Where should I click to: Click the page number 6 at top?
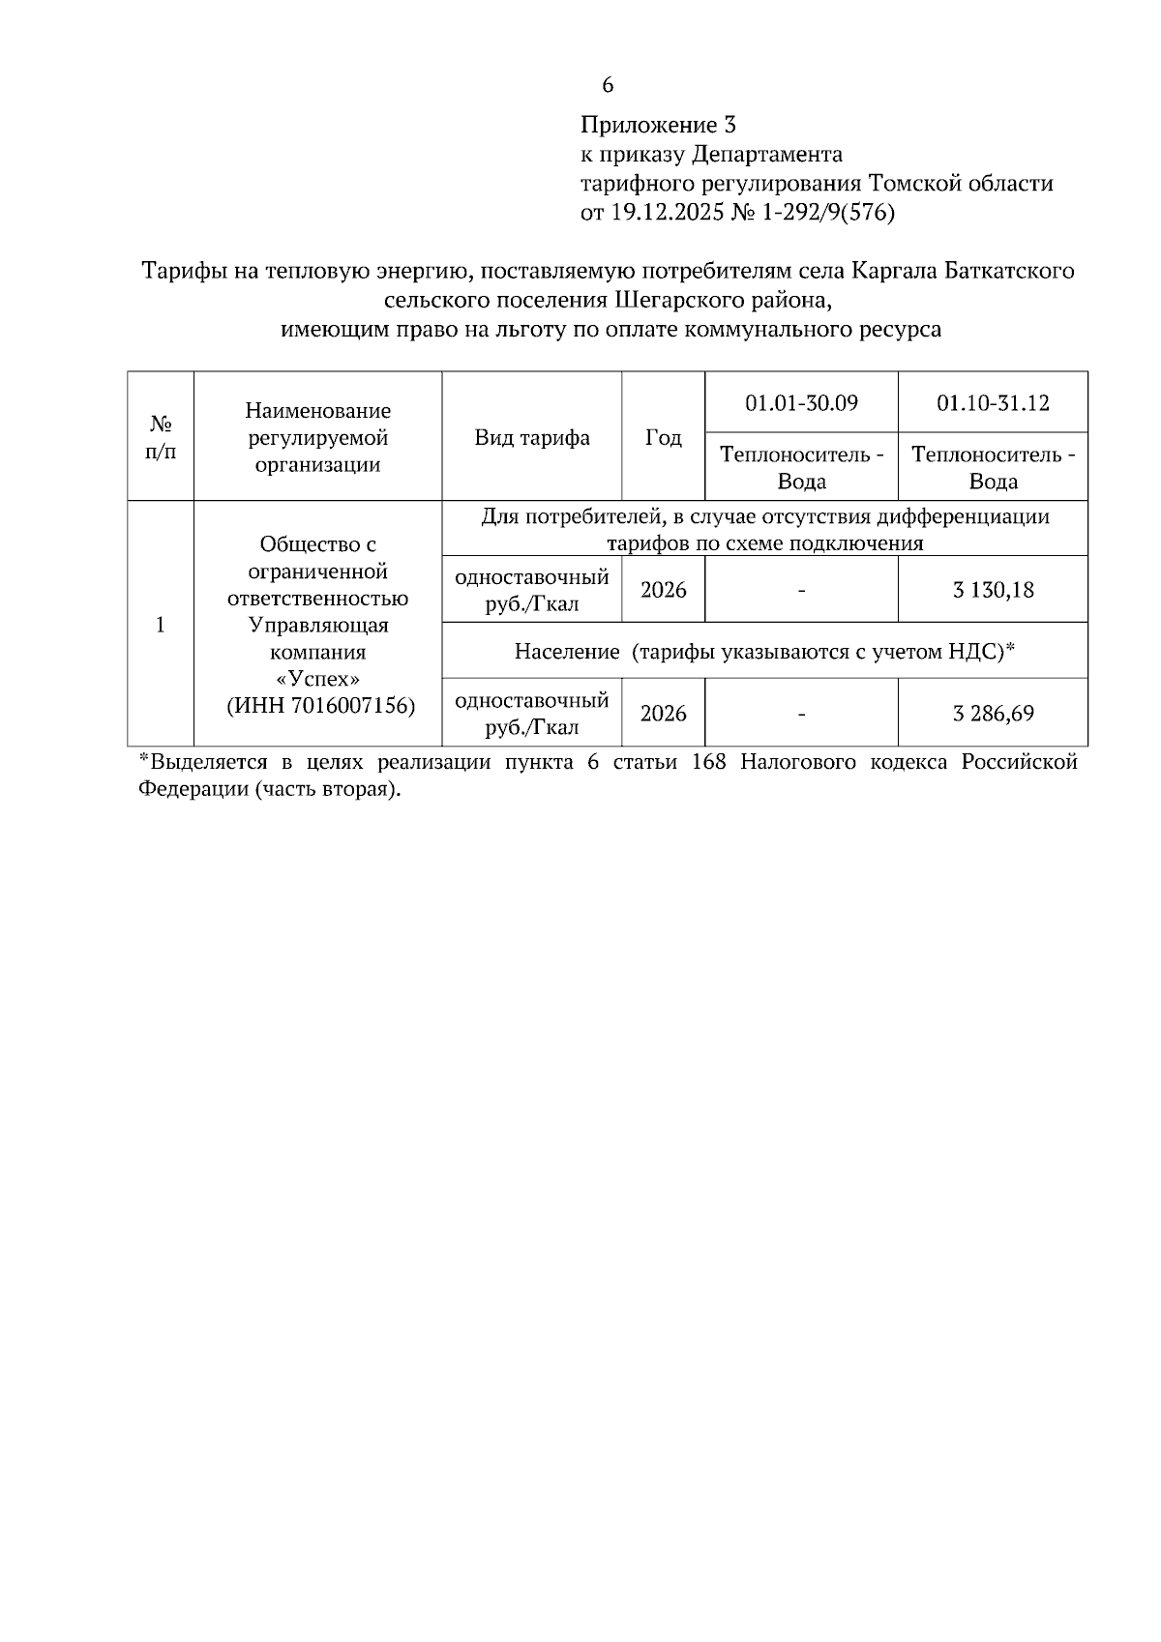click(607, 85)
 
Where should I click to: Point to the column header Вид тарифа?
click(532, 437)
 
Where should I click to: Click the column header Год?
click(663, 437)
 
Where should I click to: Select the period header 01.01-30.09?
click(801, 402)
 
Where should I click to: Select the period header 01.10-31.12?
click(993, 402)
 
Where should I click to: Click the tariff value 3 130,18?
click(993, 590)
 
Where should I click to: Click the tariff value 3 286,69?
click(993, 714)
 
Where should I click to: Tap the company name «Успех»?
click(318, 679)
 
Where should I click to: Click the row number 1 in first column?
click(161, 625)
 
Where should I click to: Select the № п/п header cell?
click(161, 437)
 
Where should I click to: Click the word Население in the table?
click(566, 652)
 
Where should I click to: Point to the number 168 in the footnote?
click(708, 762)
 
